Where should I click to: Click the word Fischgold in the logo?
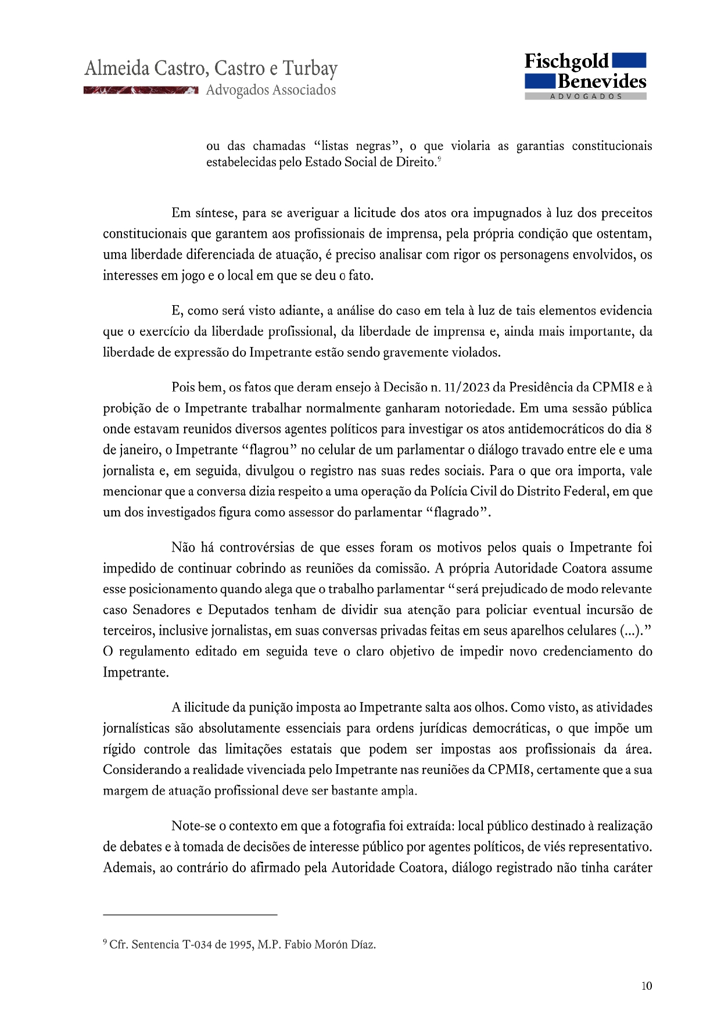pyautogui.click(x=566, y=61)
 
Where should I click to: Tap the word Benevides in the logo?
pyautogui.click(x=602, y=81)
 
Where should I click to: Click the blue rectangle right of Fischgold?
pyautogui.click(x=629, y=60)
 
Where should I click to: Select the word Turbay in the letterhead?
pyautogui.click(x=310, y=69)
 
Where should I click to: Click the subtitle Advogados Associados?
pyautogui.click(x=271, y=90)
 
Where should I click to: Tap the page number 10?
pyautogui.click(x=647, y=986)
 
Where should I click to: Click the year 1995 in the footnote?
pyautogui.click(x=241, y=944)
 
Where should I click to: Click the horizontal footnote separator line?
pyautogui.click(x=190, y=915)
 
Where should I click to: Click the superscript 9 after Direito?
pyautogui.click(x=440, y=159)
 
